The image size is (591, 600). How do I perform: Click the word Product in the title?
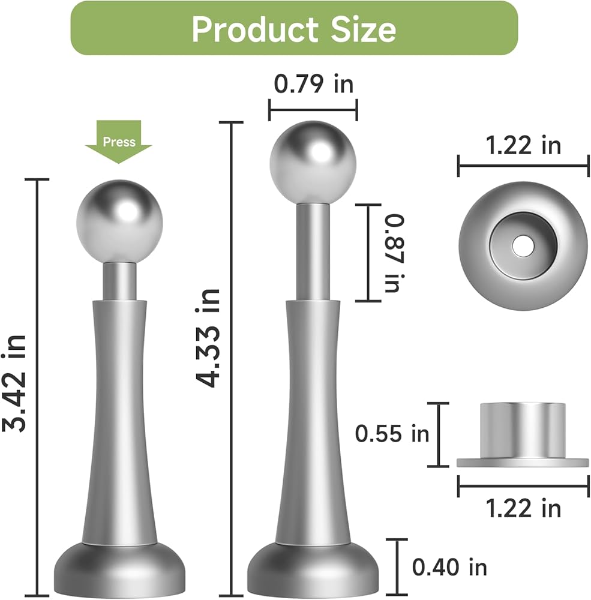pyautogui.click(x=254, y=29)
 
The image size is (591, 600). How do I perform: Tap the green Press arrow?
pyautogui.click(x=119, y=142)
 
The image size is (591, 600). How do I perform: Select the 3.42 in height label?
pyautogui.click(x=14, y=383)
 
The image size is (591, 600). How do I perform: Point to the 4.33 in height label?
pyautogui.click(x=208, y=338)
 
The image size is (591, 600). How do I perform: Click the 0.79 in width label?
pyautogui.click(x=313, y=83)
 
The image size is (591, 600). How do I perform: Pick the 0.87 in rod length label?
pyautogui.click(x=394, y=253)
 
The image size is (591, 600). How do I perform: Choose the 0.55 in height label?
pyautogui.click(x=392, y=434)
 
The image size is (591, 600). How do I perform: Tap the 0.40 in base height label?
pyautogui.click(x=449, y=567)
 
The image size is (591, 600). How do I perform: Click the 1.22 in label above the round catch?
pyautogui.click(x=523, y=145)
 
